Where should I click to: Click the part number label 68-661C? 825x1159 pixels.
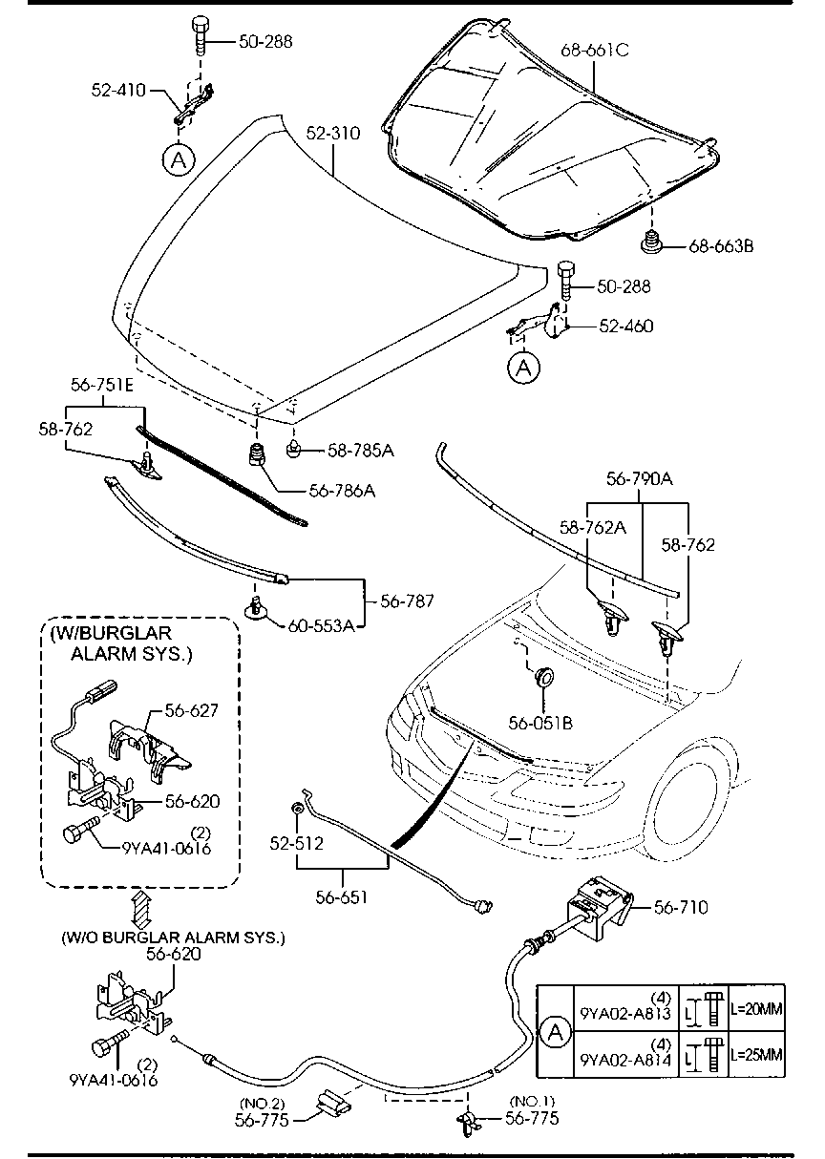595,51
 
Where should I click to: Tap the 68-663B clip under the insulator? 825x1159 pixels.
652,244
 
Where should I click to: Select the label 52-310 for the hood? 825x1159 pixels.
333,133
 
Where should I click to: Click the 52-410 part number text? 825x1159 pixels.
118,90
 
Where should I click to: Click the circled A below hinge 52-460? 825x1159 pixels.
524,368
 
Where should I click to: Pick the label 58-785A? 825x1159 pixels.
361,451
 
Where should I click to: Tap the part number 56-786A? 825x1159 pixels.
342,491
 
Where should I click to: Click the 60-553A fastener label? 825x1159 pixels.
321,626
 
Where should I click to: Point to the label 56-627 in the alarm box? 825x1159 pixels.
192,710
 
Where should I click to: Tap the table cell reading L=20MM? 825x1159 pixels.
756,1009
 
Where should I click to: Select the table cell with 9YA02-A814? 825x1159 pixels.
625,1055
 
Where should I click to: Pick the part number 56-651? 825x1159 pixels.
342,896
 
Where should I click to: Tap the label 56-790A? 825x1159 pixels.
640,479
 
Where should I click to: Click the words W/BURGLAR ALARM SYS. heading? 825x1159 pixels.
121,643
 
